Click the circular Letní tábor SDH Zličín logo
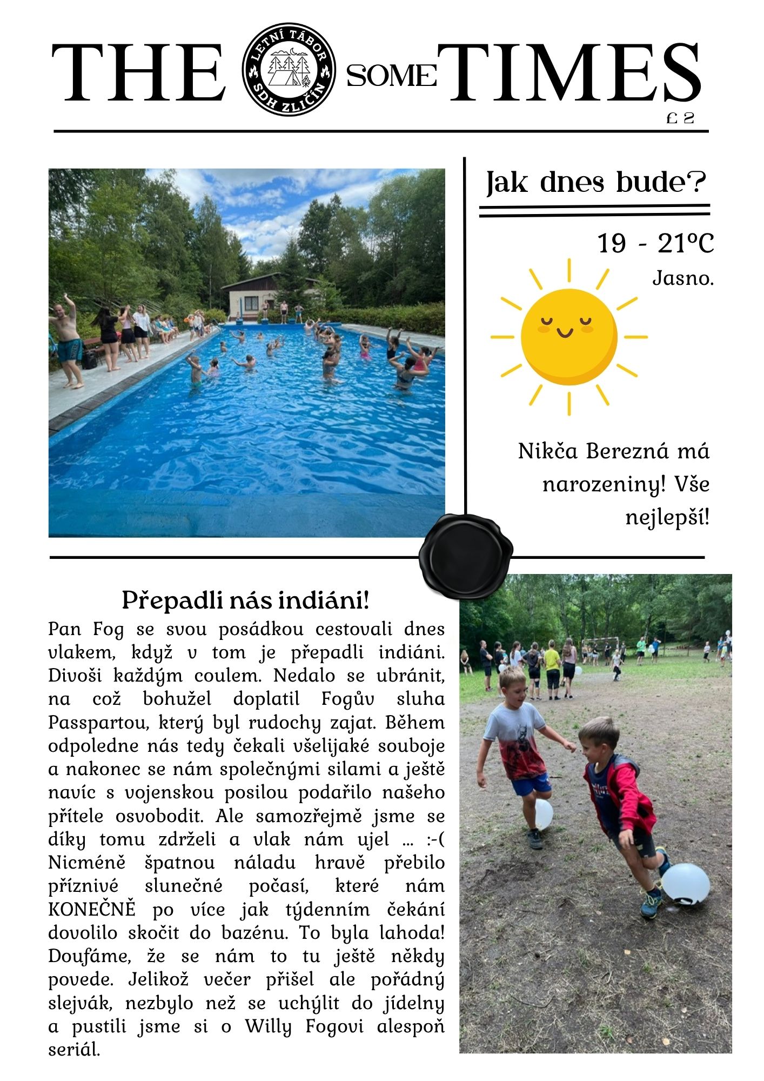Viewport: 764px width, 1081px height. pos(289,70)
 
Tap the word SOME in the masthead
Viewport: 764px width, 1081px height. pos(391,76)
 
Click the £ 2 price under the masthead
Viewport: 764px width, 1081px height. pos(680,118)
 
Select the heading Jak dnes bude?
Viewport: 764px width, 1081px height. pos(596,183)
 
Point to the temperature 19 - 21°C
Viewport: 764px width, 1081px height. pos(655,243)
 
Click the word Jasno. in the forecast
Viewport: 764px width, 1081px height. pos(683,278)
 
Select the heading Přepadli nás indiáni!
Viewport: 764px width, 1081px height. pos(246,600)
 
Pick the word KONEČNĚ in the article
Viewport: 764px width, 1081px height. pos(92,909)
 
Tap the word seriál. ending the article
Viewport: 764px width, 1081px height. pos(75,1050)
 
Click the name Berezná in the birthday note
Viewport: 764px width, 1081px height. pos(627,451)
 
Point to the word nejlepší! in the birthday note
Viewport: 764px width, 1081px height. pos(667,517)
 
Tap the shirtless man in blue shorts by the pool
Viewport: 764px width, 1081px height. pos(67,343)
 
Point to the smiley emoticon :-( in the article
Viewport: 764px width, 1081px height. pos(434,839)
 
